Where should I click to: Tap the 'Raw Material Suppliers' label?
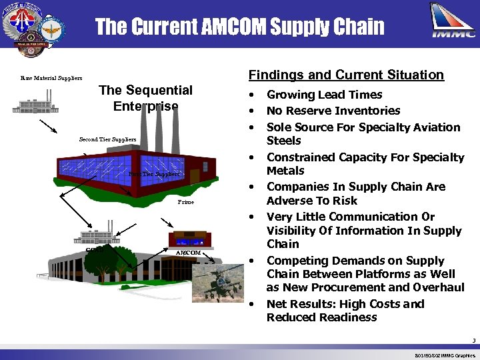[51, 79]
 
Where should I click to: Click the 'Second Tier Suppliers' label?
[107, 139]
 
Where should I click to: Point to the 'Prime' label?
[186, 202]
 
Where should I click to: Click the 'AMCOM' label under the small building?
[188, 253]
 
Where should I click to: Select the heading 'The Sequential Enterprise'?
[145, 98]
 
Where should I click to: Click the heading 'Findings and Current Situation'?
[346, 75]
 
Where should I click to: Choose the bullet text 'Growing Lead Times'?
[324, 95]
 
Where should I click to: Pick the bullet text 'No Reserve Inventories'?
[333, 111]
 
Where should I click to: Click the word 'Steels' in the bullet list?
[284, 141]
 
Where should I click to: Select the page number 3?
[473, 341]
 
